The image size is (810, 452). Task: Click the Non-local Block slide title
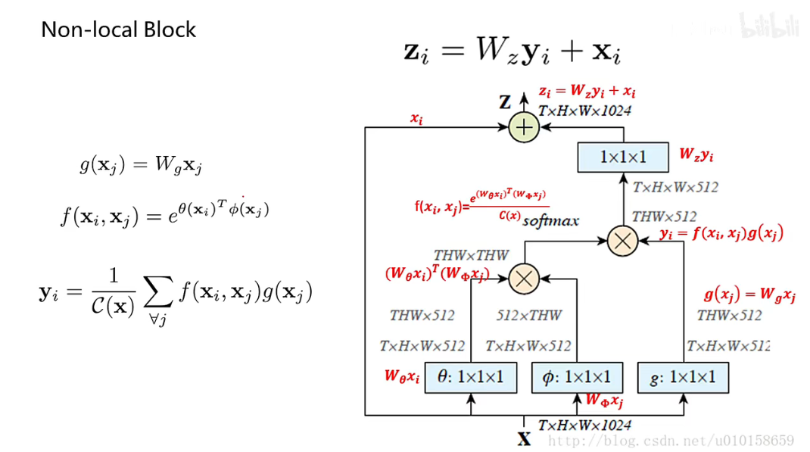118,30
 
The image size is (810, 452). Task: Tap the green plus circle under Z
523,127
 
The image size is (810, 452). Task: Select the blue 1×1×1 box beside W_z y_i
623,157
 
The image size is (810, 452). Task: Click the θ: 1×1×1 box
472,377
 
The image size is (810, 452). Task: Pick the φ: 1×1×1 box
578,377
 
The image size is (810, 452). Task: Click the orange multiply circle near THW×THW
523,278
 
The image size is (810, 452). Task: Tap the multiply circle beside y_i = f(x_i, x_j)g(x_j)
623,241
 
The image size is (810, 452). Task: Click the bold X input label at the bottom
524,438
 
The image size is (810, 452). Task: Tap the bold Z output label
505,102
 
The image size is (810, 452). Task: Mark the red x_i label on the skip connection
416,118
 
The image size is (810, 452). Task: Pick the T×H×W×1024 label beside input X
584,426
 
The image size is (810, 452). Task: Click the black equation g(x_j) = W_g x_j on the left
141,164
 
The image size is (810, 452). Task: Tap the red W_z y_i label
696,155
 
